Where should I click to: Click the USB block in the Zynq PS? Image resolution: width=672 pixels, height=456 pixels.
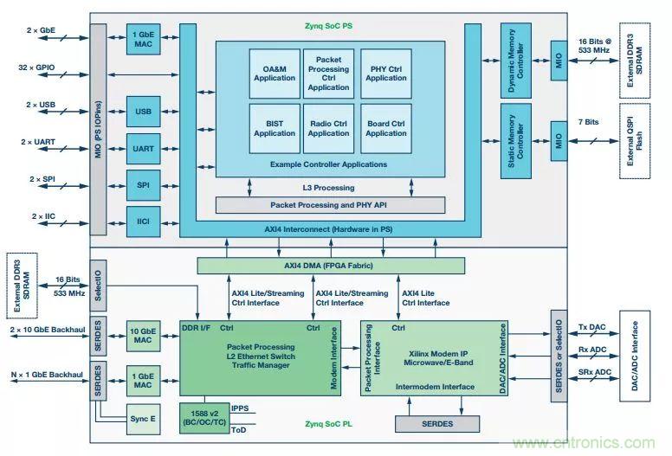tap(143, 111)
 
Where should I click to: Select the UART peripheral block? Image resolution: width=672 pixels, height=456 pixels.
tap(143, 149)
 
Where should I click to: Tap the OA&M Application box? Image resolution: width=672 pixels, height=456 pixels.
tap(275, 73)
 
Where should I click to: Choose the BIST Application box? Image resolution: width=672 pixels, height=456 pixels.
tap(275, 128)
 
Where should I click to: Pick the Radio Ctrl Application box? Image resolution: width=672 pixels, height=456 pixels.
tap(328, 128)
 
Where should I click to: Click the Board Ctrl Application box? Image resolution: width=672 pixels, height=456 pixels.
tap(385, 128)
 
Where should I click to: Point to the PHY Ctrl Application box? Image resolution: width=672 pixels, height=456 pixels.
tap(385, 73)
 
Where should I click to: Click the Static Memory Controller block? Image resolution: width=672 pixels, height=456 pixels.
tap(516, 141)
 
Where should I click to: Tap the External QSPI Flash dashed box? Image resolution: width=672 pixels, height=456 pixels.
tap(635, 141)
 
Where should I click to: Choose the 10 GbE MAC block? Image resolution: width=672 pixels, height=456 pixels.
tap(143, 335)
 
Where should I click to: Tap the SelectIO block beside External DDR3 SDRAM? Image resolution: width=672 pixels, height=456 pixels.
tap(99, 279)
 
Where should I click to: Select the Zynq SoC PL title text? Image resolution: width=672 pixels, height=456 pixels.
tap(330, 425)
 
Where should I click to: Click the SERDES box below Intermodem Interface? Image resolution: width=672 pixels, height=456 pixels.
tap(436, 424)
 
